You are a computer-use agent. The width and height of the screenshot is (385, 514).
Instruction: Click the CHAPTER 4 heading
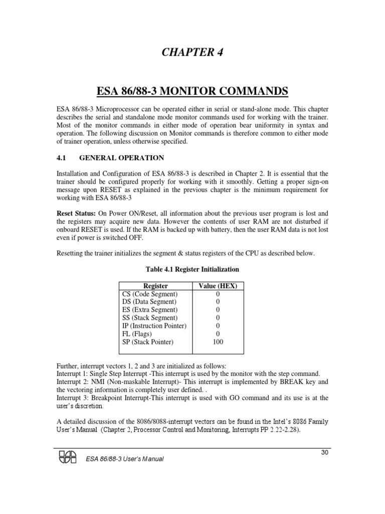(x=192, y=53)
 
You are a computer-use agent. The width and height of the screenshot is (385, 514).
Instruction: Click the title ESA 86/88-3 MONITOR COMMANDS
(x=192, y=91)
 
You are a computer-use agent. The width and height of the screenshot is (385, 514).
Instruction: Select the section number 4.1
(x=61, y=158)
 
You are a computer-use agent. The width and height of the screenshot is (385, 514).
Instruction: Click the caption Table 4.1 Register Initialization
(x=192, y=270)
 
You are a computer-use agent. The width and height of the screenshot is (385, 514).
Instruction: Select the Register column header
(x=155, y=286)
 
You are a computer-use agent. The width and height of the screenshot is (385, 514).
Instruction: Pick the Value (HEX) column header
(x=218, y=286)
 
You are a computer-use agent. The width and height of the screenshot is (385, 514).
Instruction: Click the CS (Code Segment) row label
(x=149, y=294)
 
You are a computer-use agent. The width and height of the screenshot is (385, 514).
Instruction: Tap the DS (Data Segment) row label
(x=149, y=302)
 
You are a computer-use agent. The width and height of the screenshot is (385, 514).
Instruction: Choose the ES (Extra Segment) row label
(x=149, y=310)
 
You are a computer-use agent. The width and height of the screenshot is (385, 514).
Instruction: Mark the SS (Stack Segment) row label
(x=149, y=318)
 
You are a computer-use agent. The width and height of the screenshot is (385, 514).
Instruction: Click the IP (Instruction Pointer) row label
(x=154, y=326)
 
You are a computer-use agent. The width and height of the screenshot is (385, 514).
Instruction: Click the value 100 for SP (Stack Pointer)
(x=218, y=342)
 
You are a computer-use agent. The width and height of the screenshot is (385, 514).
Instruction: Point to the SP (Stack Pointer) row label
(x=147, y=342)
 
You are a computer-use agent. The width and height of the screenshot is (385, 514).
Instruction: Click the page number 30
(x=324, y=453)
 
